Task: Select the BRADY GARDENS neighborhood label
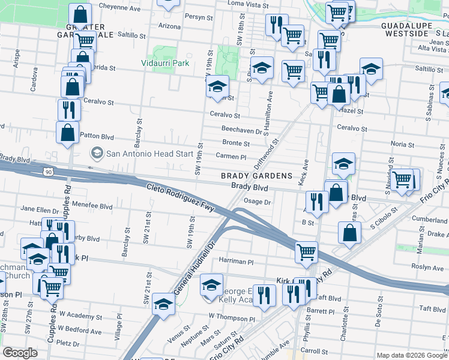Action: point(256,176)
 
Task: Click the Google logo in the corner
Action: point(20,353)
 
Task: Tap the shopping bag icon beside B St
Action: point(349,232)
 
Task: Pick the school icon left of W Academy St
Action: point(163,304)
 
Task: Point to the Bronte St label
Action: point(236,143)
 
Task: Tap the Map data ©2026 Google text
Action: point(411,355)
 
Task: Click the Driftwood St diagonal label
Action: point(267,155)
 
